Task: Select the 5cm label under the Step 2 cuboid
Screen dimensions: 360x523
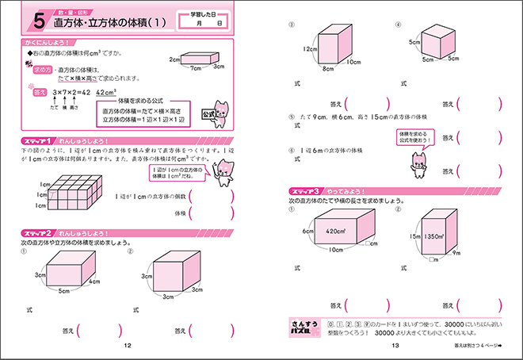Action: coord(63,292)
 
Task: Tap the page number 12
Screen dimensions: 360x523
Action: coord(128,346)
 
